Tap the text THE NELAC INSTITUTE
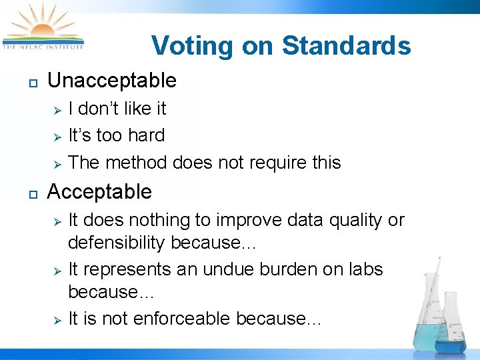(43, 47)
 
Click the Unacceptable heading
(112, 81)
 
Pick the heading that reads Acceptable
(99, 192)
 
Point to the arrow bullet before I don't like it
(58, 109)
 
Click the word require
(272, 163)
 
